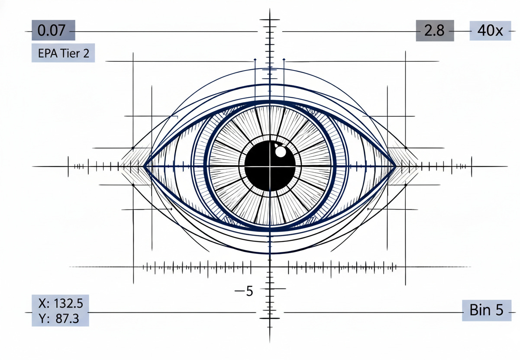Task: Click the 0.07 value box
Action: [x=53, y=30]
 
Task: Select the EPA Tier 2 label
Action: [x=63, y=53]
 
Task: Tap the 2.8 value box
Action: [x=435, y=31]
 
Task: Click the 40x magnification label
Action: [x=490, y=31]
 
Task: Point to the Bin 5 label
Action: [x=487, y=310]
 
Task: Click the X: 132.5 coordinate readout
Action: [x=60, y=303]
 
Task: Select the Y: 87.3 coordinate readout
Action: [x=59, y=318]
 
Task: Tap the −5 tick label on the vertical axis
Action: [x=244, y=291]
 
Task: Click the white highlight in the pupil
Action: [x=281, y=151]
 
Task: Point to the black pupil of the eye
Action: [x=270, y=166]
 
